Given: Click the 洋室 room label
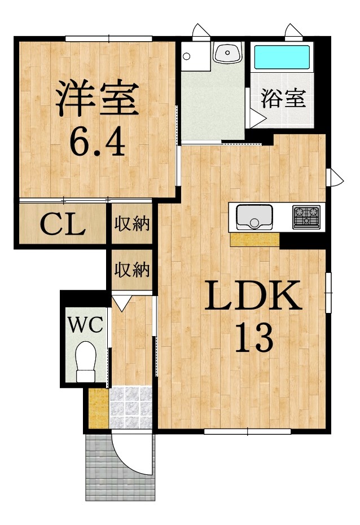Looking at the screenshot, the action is [97, 99].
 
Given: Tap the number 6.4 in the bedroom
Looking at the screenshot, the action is [97, 142].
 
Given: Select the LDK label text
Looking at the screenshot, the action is [253, 295].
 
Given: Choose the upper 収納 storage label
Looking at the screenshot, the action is [132, 223].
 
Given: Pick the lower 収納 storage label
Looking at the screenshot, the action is [132, 270].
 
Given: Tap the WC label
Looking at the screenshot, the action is [85, 324].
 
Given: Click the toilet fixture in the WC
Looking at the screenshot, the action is [86, 361].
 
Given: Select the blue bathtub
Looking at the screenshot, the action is [282, 58].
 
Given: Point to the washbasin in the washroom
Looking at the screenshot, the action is [228, 52].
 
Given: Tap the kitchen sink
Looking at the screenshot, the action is [254, 217].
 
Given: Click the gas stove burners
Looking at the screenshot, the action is [306, 217].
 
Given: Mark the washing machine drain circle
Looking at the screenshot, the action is [187, 56].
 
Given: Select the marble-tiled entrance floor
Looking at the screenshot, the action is [130, 408].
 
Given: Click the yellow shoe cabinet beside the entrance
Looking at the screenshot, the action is [99, 408].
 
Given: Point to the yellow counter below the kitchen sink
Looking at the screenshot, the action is [255, 240].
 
